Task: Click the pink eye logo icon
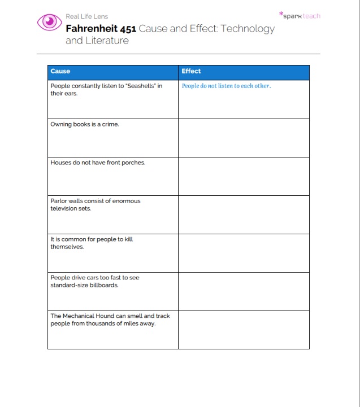50,21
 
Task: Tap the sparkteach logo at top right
300,16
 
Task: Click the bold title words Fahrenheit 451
101,29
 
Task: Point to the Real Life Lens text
86,16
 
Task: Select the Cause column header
60,71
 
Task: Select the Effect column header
191,71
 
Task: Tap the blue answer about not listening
226,86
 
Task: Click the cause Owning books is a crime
85,124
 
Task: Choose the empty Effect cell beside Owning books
244,138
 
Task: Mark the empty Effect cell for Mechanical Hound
244,330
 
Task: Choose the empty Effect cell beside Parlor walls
244,215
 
